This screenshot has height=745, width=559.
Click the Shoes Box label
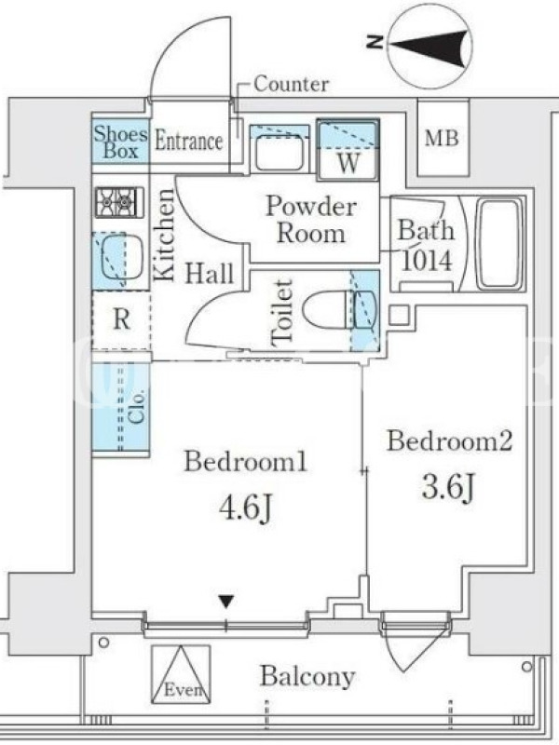(x=120, y=142)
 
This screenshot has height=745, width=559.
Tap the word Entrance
(x=189, y=142)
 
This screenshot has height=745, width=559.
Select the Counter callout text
(x=291, y=84)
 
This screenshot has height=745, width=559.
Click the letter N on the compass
(x=375, y=42)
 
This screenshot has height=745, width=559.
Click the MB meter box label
(x=442, y=138)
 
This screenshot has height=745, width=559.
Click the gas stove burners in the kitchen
(x=119, y=202)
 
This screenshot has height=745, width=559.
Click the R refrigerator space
(x=122, y=319)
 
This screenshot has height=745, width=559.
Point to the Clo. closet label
(x=137, y=407)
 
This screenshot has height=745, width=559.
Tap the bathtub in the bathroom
(x=499, y=244)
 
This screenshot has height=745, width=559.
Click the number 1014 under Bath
(x=427, y=261)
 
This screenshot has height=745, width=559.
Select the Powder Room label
(x=311, y=220)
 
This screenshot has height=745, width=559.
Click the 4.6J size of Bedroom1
(x=245, y=508)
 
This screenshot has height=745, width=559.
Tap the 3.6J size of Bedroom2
(x=448, y=488)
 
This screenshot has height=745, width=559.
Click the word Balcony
(x=307, y=677)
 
